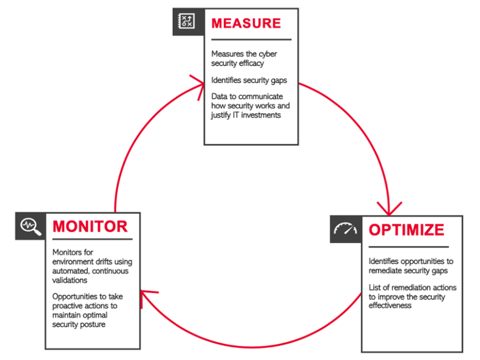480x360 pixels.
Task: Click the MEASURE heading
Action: (x=246, y=24)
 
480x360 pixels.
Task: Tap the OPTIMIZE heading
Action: (x=406, y=230)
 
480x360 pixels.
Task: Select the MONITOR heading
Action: (x=90, y=226)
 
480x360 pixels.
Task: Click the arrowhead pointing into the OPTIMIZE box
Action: (x=388, y=208)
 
